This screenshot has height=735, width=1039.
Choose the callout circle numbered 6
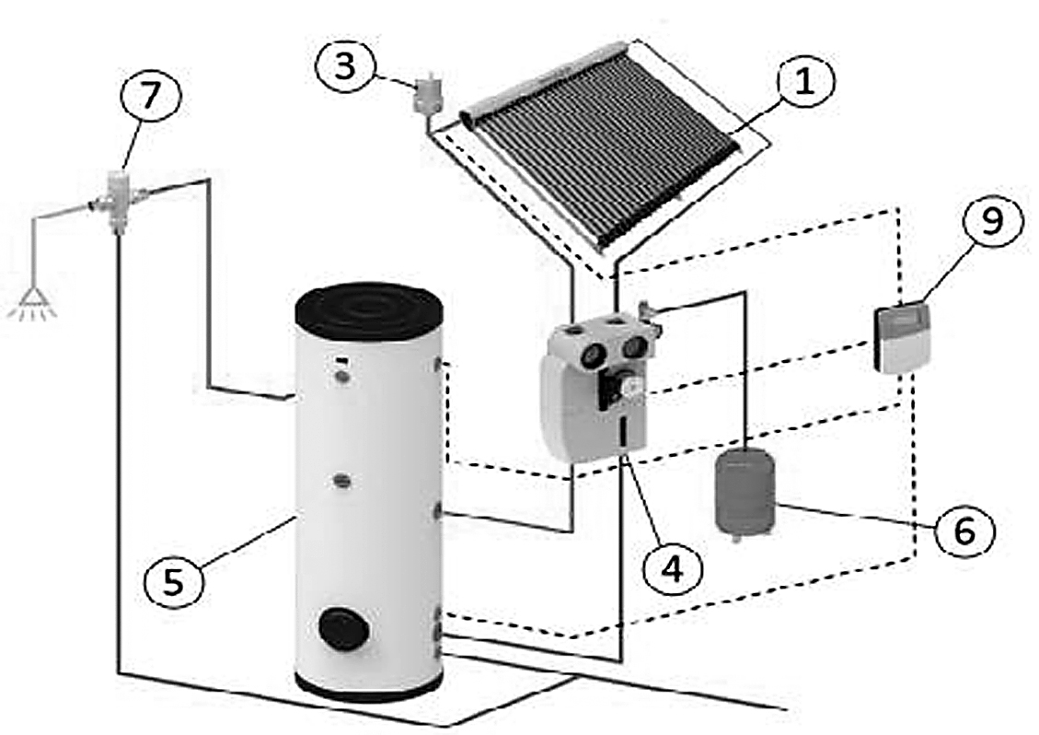click(964, 530)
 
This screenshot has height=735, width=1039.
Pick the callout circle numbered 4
click(672, 568)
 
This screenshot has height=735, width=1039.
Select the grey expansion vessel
click(745, 491)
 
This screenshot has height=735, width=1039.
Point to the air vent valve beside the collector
click(426, 93)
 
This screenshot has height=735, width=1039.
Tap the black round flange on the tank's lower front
click(341, 628)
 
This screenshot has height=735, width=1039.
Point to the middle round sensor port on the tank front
click(341, 480)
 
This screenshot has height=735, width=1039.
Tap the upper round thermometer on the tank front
click(341, 376)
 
